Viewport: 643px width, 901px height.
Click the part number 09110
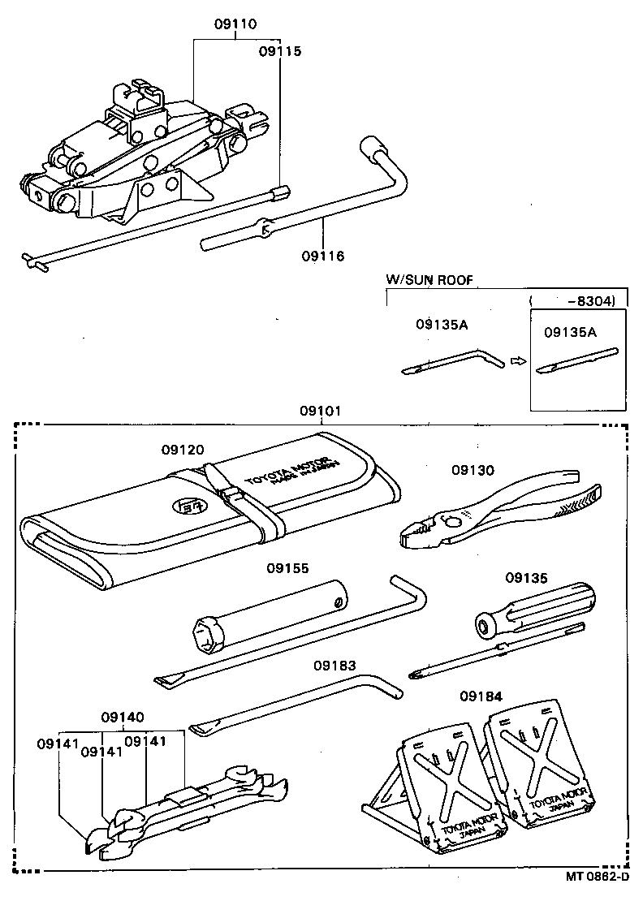tap(235, 24)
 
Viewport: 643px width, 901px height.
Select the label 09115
tap(280, 51)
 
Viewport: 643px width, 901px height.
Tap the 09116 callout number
tap(323, 257)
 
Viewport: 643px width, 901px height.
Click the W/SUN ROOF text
tap(429, 281)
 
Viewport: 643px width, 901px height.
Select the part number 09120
tap(182, 450)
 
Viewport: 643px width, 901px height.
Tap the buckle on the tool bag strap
tap(229, 492)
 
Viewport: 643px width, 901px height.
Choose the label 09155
tap(287, 568)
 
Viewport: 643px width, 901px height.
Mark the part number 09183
tap(335, 666)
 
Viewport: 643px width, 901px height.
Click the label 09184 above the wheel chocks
tap(481, 696)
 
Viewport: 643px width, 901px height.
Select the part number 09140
tap(123, 718)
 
